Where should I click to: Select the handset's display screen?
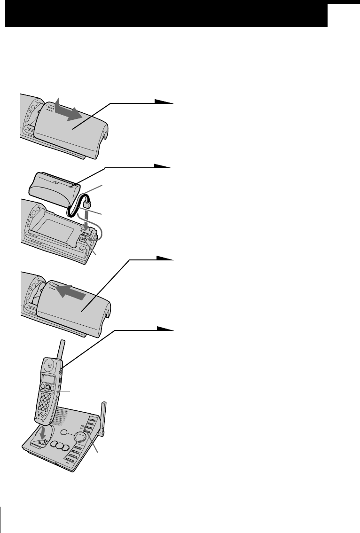[48, 379]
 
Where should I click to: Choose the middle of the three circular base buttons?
[59, 447]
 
